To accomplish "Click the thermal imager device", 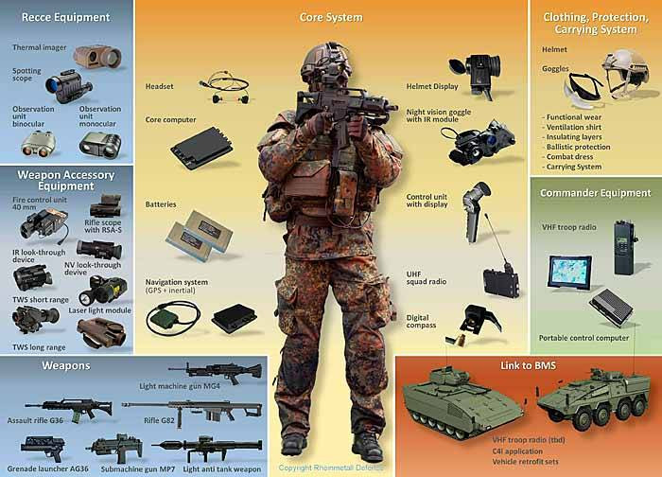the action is [x=97, y=57].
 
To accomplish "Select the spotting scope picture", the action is [x=68, y=86].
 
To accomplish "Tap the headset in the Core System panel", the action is [x=225, y=87].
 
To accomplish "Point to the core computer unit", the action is [x=201, y=148].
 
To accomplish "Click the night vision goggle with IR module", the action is [x=479, y=142].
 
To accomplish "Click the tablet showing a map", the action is [x=570, y=273].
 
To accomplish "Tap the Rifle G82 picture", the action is [x=192, y=411].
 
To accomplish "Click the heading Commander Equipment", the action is [x=595, y=193].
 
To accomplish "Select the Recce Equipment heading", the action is [x=66, y=17].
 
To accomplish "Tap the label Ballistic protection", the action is [x=578, y=147].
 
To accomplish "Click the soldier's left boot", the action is [x=367, y=446].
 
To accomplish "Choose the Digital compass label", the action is [x=422, y=322].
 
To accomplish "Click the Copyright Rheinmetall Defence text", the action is [x=331, y=468].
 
